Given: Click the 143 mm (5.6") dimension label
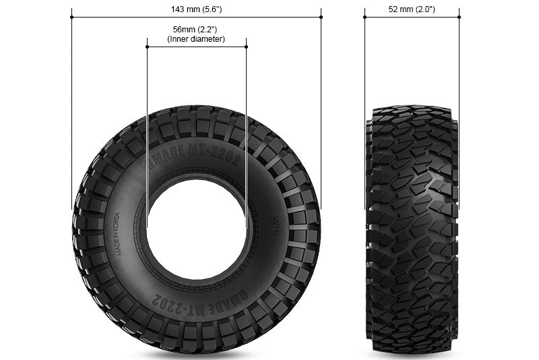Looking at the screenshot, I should click(196, 9).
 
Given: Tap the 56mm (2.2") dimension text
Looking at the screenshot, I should click(196, 30).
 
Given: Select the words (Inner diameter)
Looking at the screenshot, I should click(196, 40).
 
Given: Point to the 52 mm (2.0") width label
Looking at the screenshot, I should click(412, 9).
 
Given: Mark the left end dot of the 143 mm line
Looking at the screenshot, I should click(71, 18).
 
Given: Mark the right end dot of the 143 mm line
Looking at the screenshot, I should click(321, 18).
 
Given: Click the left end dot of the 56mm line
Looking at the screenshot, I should click(147, 47).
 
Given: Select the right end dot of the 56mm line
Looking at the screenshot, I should click(246, 47).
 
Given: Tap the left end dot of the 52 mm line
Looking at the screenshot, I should click(364, 18).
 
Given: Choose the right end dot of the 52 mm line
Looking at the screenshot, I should click(459, 18).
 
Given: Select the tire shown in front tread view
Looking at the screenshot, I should click(412, 229).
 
